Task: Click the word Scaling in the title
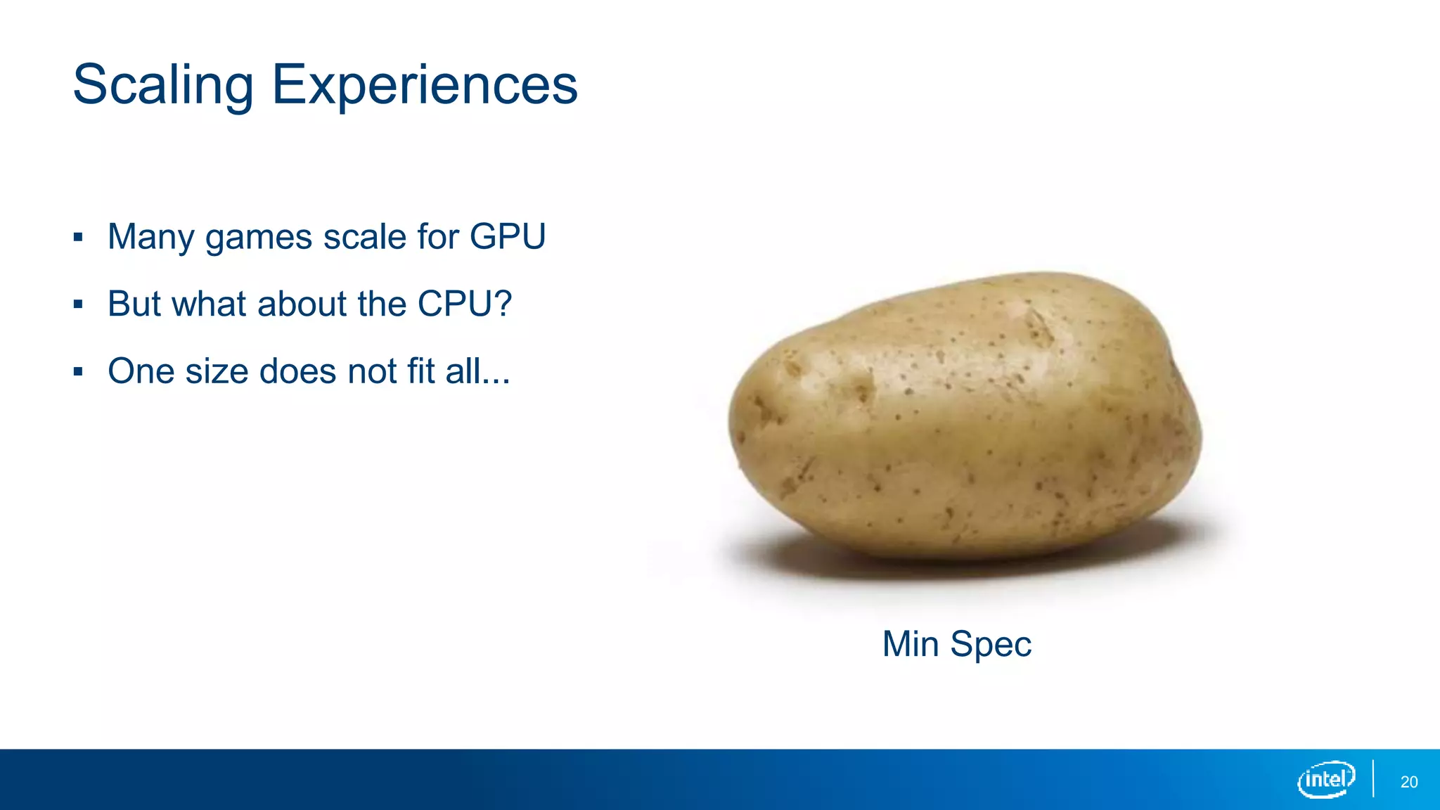[x=163, y=86]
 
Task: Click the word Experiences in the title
[x=425, y=86]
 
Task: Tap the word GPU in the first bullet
[x=508, y=236]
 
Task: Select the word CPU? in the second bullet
[x=465, y=304]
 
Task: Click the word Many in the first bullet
[x=150, y=237]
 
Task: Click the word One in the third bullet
[x=140, y=371]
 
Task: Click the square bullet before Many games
[x=78, y=237]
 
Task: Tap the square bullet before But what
[x=78, y=304]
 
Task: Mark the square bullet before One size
[x=78, y=372]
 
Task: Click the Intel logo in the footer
[x=1326, y=779]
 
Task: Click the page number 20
[x=1409, y=782]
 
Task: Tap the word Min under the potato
[x=911, y=643]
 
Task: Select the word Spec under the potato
[x=991, y=645]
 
